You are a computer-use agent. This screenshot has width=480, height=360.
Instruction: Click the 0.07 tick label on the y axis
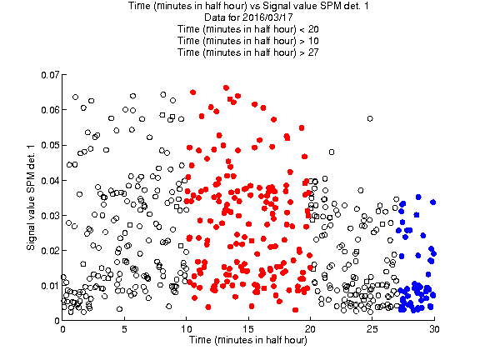50,75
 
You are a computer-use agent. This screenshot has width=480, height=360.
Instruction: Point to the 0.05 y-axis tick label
50,145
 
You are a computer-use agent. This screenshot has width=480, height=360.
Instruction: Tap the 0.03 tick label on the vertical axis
50,216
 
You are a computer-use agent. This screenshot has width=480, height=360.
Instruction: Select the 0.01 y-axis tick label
50,286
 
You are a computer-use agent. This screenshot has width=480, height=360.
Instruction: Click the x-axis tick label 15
248,329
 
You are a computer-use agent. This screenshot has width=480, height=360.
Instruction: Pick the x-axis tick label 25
372,329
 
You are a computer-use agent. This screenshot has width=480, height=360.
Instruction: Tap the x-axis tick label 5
124,329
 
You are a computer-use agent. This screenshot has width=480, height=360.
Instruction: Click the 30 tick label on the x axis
434,329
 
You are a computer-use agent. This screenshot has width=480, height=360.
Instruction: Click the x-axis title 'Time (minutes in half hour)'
248,340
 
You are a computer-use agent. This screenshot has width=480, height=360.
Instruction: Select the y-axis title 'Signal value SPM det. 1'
31,197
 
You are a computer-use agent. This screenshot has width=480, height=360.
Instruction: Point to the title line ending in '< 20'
248,29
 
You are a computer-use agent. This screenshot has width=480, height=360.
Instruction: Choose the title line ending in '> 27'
248,52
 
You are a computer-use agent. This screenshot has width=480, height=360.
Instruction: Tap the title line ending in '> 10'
248,41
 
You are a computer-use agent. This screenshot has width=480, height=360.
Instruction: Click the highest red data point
226,87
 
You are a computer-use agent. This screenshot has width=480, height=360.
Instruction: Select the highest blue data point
418,197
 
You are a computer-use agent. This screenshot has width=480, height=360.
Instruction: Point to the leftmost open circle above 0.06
75,97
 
